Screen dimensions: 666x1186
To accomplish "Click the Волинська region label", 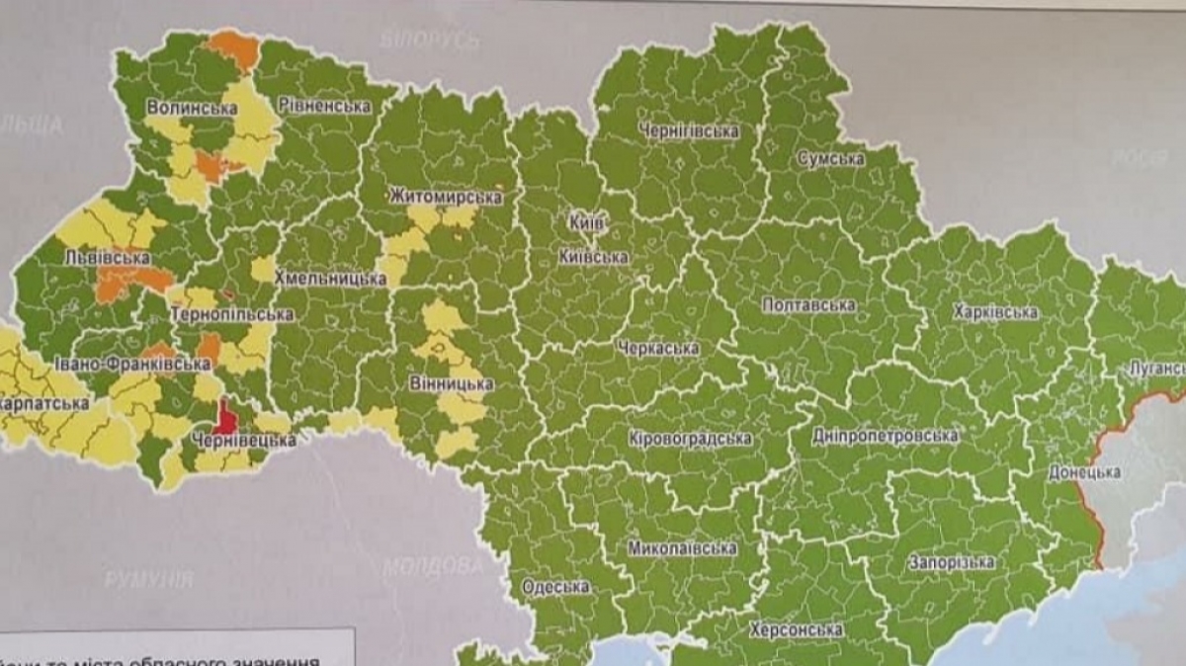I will pos(192,108).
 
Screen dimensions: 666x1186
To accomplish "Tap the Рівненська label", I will pos(323,105).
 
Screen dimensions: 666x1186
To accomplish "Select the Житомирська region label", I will pos(446,197).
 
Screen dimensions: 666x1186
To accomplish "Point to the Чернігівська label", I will pos(689,130).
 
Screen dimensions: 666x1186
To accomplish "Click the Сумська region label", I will pos(830,158).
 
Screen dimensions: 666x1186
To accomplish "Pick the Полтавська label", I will pos(808,304).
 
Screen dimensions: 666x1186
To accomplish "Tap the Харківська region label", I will pos(995,312).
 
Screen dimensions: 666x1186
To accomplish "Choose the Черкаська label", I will pos(656,348).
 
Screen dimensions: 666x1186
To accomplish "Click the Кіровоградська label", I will pos(690,438).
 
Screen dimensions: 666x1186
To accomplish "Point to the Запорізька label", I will pos(952,562).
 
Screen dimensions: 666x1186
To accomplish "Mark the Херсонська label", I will pos(796,629).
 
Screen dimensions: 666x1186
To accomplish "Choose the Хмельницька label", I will pos(330,278).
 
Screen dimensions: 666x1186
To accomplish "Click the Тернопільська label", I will pos(232,314).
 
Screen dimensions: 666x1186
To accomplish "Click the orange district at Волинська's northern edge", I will pos(233,47).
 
